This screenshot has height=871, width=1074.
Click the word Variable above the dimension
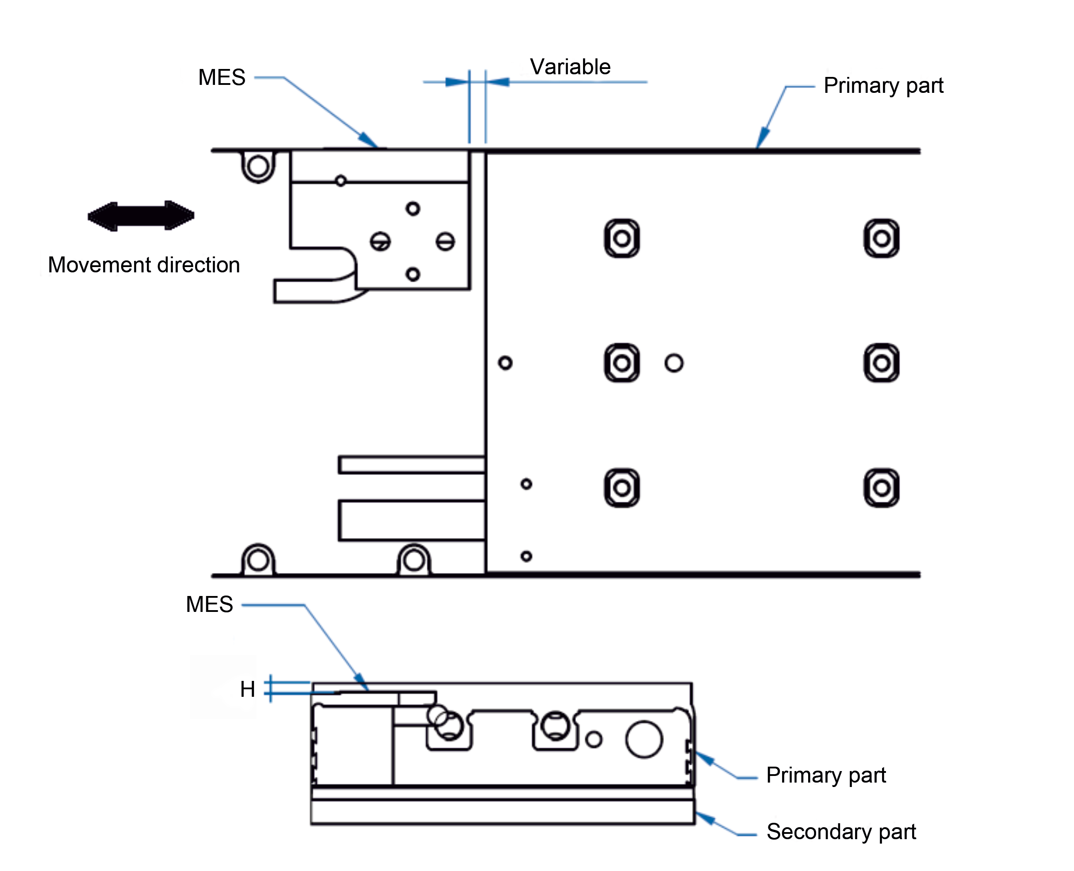tap(570, 67)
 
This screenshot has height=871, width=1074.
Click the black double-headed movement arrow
tap(141, 216)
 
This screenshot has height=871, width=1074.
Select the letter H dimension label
tap(247, 689)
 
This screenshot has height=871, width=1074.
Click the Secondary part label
tap(841, 831)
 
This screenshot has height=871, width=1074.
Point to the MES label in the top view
tap(222, 77)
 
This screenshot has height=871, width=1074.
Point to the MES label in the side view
tap(209, 604)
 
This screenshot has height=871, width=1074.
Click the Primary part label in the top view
tap(883, 86)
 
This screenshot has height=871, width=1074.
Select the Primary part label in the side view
tap(826, 775)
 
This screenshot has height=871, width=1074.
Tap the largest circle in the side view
tap(644, 739)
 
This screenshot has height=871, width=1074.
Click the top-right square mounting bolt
tap(881, 238)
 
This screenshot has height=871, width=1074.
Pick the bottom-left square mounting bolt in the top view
tap(622, 488)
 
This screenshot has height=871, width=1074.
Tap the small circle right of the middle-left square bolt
tap(674, 363)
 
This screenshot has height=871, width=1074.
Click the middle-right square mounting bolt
tap(881, 363)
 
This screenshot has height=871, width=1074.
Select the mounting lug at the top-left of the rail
tap(258, 167)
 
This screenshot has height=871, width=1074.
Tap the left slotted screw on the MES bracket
tap(380, 241)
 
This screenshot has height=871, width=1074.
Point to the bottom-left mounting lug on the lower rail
tap(258, 559)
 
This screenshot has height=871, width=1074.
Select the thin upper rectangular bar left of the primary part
tap(412, 465)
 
